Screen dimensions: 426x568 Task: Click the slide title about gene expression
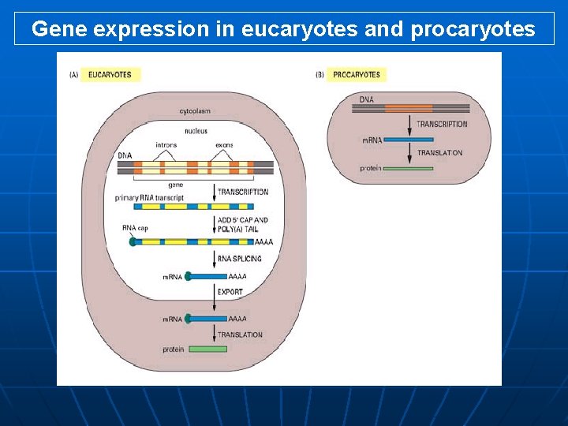[x=283, y=29]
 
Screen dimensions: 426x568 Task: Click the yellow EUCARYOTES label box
[x=110, y=75]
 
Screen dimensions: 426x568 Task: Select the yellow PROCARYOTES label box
[x=357, y=75]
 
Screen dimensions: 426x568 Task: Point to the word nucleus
[x=196, y=131]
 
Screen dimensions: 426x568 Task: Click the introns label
[x=166, y=145]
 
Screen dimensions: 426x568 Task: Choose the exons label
[x=224, y=145]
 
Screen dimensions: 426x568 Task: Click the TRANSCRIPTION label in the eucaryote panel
[x=243, y=192]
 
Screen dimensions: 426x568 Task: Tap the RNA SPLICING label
[x=240, y=259]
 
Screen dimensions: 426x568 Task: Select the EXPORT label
[x=230, y=292]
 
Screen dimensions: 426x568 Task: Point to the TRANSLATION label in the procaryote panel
[x=439, y=153]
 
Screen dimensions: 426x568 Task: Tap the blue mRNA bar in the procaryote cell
[x=409, y=140]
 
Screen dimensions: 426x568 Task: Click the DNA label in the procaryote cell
[x=367, y=99]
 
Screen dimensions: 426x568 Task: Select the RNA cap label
[x=135, y=228]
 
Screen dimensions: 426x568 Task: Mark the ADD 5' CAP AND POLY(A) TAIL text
[x=243, y=225]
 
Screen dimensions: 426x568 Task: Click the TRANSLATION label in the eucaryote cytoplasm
[x=240, y=335]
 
